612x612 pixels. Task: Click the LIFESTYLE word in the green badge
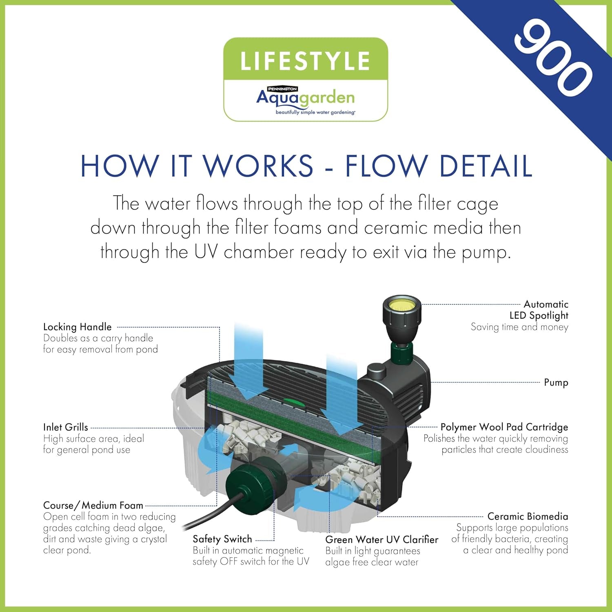[x=305, y=61]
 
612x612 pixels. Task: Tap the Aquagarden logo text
[x=305, y=98]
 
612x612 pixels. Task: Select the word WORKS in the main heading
[x=258, y=166]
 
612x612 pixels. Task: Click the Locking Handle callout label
[x=77, y=327]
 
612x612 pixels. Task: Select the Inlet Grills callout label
[x=65, y=427]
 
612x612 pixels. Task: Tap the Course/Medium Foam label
[x=93, y=505]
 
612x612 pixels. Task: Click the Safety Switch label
[x=222, y=539]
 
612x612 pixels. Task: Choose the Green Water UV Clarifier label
[x=381, y=539]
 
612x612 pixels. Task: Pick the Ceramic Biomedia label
[x=527, y=516]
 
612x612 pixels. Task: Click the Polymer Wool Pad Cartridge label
[x=504, y=427]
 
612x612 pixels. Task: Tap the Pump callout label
[x=556, y=382]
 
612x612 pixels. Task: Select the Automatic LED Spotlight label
[x=539, y=310]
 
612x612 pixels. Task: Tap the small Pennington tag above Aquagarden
[x=282, y=89]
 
